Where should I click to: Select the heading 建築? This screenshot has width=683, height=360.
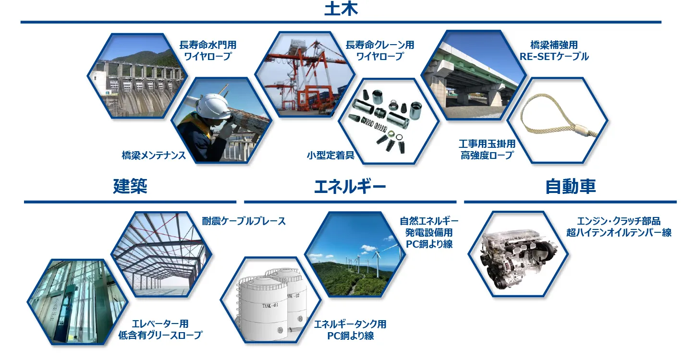click(x=130, y=186)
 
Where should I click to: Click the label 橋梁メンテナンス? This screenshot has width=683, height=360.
click(x=154, y=156)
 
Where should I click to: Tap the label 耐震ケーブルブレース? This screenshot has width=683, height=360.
click(x=244, y=221)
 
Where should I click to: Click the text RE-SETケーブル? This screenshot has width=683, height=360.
click(x=554, y=57)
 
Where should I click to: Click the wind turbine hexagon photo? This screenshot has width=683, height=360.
click(x=355, y=254)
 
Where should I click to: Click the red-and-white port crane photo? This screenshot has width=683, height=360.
click(x=303, y=74)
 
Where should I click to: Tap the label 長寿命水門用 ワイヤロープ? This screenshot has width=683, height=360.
click(x=207, y=50)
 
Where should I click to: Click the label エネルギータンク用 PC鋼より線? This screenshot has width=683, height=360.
click(x=350, y=330)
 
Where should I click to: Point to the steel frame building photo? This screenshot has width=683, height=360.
click(x=161, y=254)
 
